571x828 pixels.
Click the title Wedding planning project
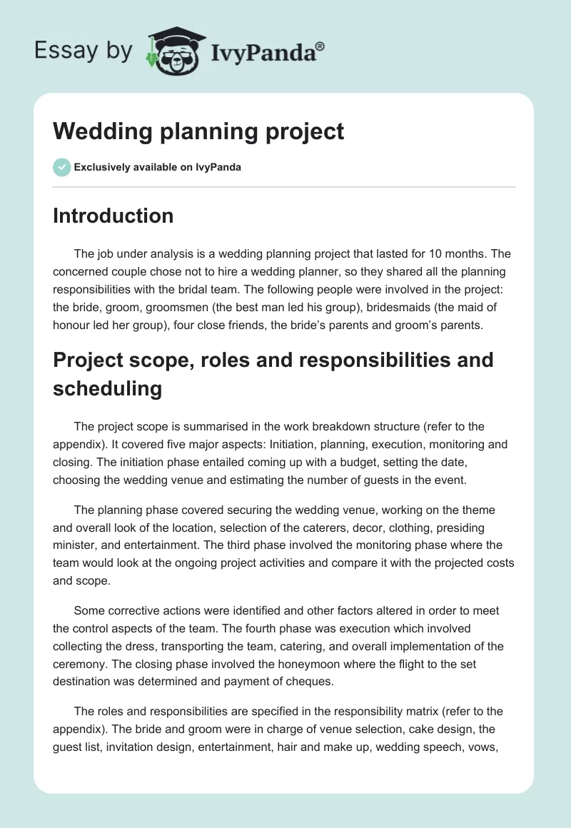198,131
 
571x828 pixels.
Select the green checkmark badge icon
61,167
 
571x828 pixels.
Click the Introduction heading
113,216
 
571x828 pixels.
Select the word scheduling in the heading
107,388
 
